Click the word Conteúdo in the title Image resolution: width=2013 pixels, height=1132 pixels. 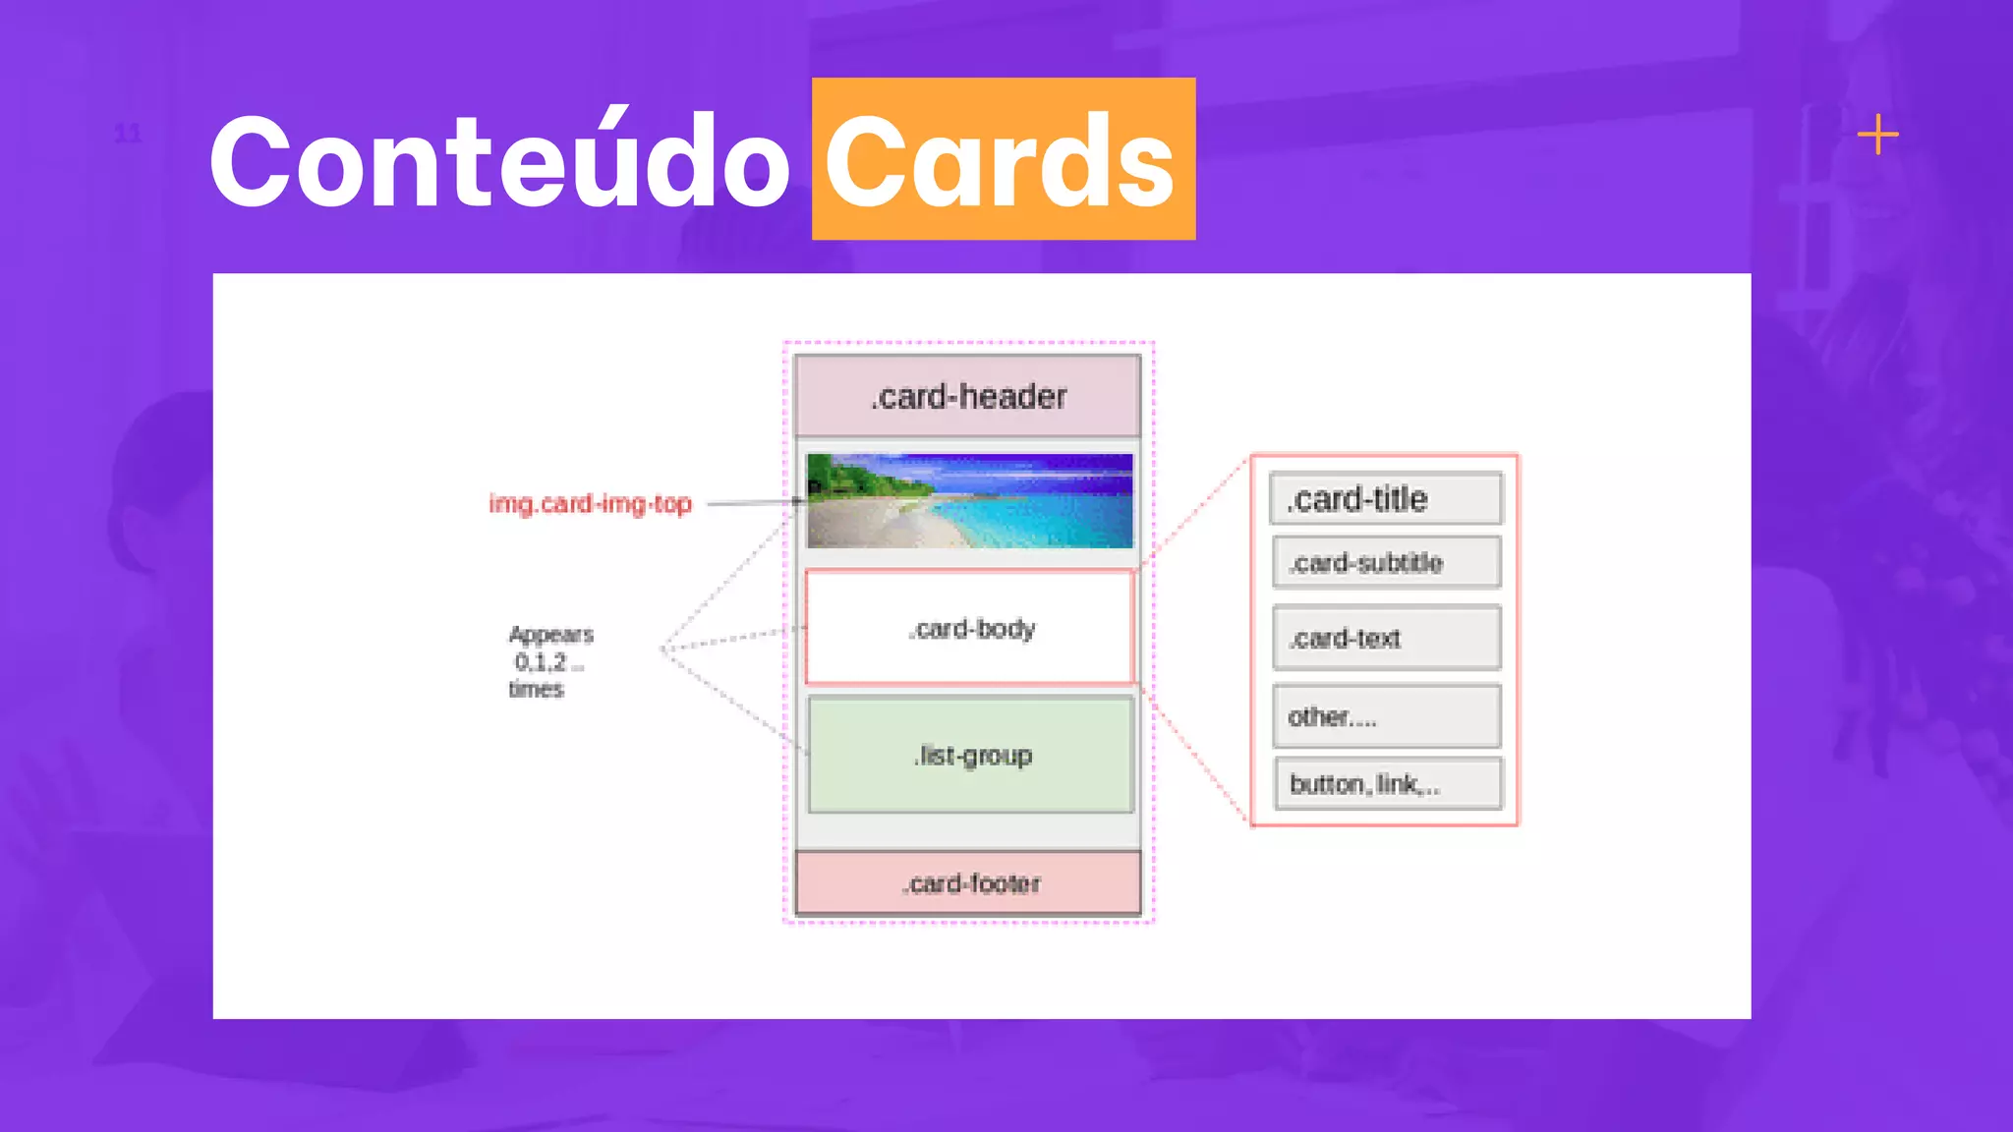point(499,162)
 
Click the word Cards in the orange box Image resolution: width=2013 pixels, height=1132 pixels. point(1001,162)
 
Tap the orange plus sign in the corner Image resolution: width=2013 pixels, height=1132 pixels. point(1877,135)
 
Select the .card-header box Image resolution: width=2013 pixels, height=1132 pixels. point(968,396)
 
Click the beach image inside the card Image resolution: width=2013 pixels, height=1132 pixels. point(969,501)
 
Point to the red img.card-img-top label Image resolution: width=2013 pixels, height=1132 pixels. point(590,504)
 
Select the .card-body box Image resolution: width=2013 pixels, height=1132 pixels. point(969,628)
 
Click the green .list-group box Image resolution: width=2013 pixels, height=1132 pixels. point(971,755)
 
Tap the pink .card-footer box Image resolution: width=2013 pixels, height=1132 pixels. point(969,883)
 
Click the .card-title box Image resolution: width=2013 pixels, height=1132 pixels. point(1386,499)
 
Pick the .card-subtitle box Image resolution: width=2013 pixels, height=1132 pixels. point(1386,563)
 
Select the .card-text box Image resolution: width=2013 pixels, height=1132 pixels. point(1386,639)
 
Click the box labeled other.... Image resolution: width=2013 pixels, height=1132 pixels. point(1386,717)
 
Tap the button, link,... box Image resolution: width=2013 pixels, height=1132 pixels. point(1387,784)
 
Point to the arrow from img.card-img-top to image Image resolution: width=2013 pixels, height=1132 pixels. point(752,503)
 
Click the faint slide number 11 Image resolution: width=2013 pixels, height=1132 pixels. point(128,134)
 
